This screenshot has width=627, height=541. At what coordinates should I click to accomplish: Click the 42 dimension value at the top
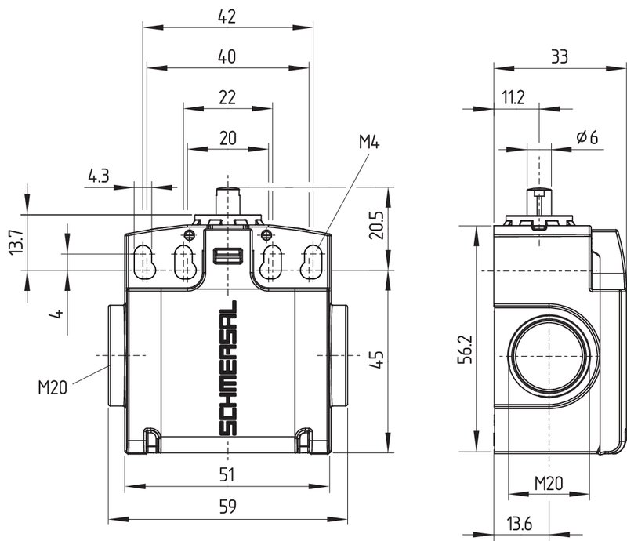pos(227,16)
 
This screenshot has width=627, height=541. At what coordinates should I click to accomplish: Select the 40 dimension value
pos(227,56)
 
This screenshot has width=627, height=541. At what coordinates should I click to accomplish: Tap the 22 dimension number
pos(227,98)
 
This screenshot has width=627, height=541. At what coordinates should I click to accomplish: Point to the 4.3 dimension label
pos(99,176)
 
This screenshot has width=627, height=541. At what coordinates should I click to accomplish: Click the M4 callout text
pos(369,142)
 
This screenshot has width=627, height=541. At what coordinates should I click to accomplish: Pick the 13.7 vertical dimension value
pos(16,242)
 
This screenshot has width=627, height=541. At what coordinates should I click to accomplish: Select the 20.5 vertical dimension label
pos(376,225)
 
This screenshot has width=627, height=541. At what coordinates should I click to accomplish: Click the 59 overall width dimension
pos(228,507)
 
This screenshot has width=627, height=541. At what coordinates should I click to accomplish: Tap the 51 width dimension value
pos(227,474)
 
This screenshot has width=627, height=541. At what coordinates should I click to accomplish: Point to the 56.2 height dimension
pos(466,350)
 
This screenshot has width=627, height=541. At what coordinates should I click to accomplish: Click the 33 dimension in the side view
pos(560,56)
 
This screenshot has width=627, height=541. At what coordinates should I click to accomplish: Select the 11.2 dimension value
pos(513,98)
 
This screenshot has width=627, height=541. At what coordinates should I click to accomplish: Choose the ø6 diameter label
pos(587,137)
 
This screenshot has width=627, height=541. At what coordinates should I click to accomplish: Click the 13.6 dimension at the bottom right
pos(520,524)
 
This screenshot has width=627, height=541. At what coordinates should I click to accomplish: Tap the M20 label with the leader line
pos(53,387)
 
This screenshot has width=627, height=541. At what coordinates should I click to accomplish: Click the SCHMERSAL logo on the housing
pos(228,369)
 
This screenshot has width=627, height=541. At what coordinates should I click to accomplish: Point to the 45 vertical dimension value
pos(376,359)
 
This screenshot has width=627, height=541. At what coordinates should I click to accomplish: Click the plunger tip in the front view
pos(228,189)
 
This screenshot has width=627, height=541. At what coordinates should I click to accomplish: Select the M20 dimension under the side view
pos(549,484)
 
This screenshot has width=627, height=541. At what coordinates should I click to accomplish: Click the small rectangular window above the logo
pos(228,256)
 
